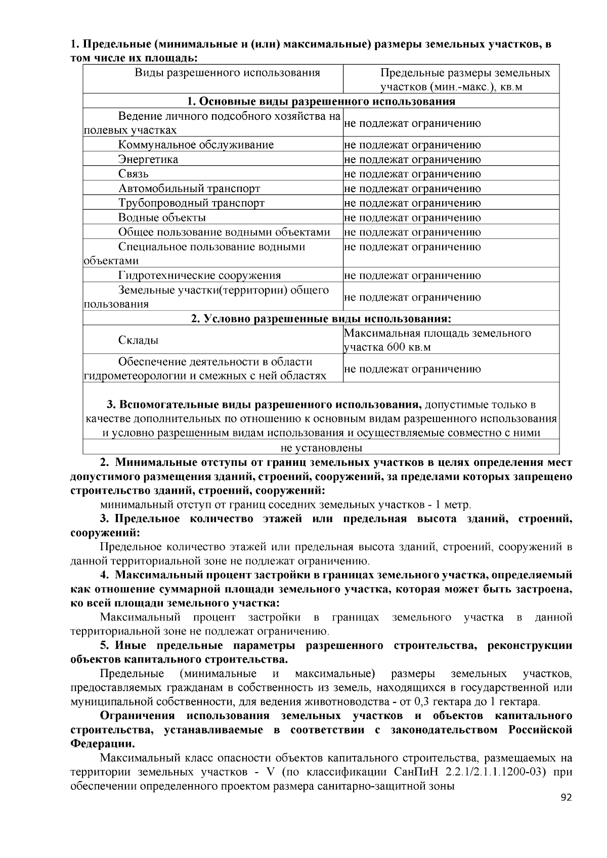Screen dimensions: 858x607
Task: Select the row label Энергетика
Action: tap(148, 160)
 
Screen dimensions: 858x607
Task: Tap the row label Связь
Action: tap(134, 174)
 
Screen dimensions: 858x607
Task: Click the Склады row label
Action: tap(138, 340)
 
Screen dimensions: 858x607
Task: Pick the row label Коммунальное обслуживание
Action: tap(196, 145)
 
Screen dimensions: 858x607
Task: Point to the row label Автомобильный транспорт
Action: tap(189, 189)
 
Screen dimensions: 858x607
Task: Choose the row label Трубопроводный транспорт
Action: tap(191, 203)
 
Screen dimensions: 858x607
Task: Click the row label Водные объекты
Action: tap(162, 218)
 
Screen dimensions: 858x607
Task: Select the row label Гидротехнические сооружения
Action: tap(199, 276)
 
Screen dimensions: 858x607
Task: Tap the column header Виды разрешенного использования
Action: tap(227, 73)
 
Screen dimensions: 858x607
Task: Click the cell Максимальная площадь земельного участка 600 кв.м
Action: tap(438, 340)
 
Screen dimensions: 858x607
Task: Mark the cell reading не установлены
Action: tap(321, 448)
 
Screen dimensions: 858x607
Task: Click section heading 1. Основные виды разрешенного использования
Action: tap(321, 102)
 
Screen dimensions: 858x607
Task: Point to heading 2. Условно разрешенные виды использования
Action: tap(321, 319)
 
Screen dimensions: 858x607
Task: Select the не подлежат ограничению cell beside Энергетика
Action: tap(412, 160)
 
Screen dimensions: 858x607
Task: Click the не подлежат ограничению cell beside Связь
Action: tap(412, 174)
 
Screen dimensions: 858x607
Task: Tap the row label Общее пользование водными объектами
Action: tap(224, 232)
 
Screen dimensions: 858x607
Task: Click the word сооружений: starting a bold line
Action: tap(105, 533)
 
